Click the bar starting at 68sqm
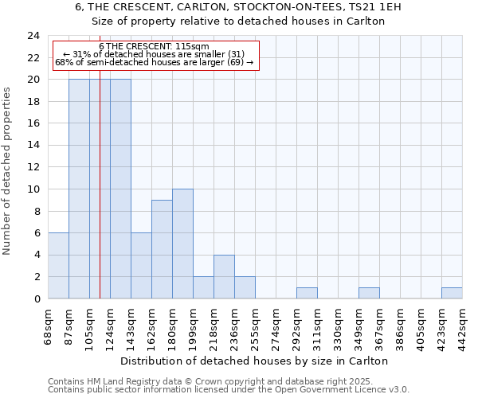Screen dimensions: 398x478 [x=58, y=266]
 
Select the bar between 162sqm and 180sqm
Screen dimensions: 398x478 [x=162, y=249]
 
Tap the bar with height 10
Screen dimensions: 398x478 [x=182, y=244]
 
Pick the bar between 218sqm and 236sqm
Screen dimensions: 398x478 [x=224, y=277]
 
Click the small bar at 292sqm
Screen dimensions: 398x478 [x=307, y=293]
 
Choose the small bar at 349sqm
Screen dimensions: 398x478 [x=369, y=293]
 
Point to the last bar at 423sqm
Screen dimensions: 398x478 [x=452, y=293]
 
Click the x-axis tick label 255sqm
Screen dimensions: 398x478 [x=255, y=323]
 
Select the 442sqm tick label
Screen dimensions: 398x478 [x=462, y=323]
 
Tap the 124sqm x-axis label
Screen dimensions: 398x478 [x=110, y=323]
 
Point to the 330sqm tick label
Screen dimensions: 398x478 [x=338, y=323]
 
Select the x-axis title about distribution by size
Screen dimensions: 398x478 [x=254, y=361]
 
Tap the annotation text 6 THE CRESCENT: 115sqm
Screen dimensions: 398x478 [x=155, y=47]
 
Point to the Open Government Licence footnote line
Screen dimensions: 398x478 [x=229, y=390]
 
